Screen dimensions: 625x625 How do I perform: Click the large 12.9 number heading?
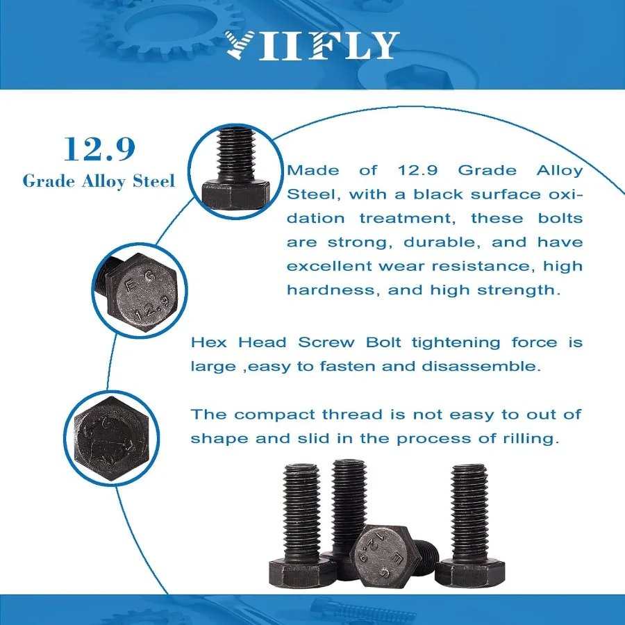99,149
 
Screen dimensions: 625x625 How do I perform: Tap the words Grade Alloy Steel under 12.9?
99,181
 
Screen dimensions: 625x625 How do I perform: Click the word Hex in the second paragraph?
211,342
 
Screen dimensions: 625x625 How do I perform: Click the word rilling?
526,439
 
